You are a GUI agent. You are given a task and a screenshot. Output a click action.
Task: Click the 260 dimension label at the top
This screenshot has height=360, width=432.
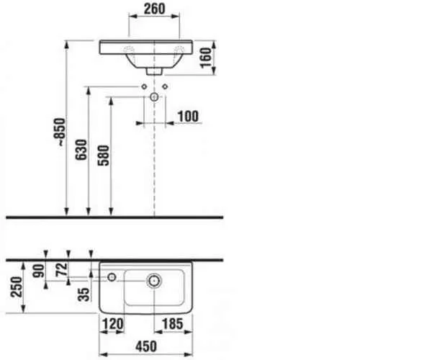(x=154, y=9)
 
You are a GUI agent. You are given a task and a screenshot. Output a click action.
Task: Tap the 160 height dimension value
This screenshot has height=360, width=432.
(x=206, y=58)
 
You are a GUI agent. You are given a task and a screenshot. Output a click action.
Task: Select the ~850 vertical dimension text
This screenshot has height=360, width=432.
(x=60, y=132)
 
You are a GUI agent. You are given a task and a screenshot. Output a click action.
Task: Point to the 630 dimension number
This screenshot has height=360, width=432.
(x=81, y=150)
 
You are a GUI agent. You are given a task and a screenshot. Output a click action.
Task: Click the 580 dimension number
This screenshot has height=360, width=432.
(x=104, y=156)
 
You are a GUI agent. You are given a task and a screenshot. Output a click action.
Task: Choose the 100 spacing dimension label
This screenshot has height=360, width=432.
(x=188, y=116)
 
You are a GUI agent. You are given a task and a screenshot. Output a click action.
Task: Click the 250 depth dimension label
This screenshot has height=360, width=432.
(x=17, y=287)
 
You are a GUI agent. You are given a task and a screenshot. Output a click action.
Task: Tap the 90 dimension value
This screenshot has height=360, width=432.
(x=38, y=271)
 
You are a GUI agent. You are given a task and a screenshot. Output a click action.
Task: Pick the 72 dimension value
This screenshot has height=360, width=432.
(x=61, y=270)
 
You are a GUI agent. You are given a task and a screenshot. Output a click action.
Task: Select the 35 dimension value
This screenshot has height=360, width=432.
(x=84, y=294)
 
